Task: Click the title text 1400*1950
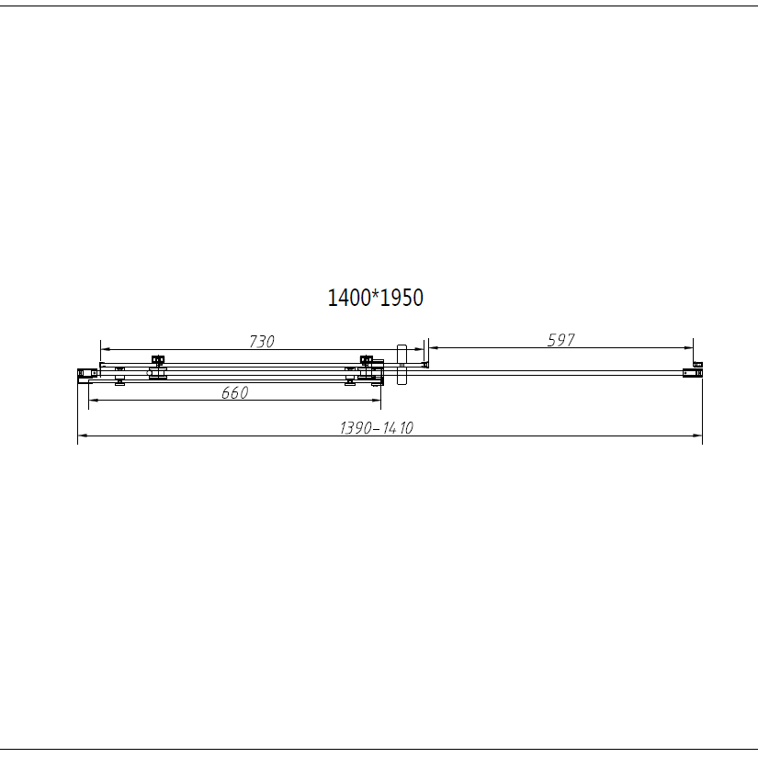tap(375, 298)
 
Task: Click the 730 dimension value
tap(262, 341)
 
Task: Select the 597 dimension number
tap(560, 340)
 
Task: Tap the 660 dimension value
tap(235, 392)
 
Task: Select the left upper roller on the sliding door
tap(158, 361)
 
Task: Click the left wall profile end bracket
tap(85, 372)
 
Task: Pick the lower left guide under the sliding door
tap(119, 381)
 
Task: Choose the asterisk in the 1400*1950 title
tap(375, 295)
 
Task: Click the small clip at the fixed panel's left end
tap(424, 366)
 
